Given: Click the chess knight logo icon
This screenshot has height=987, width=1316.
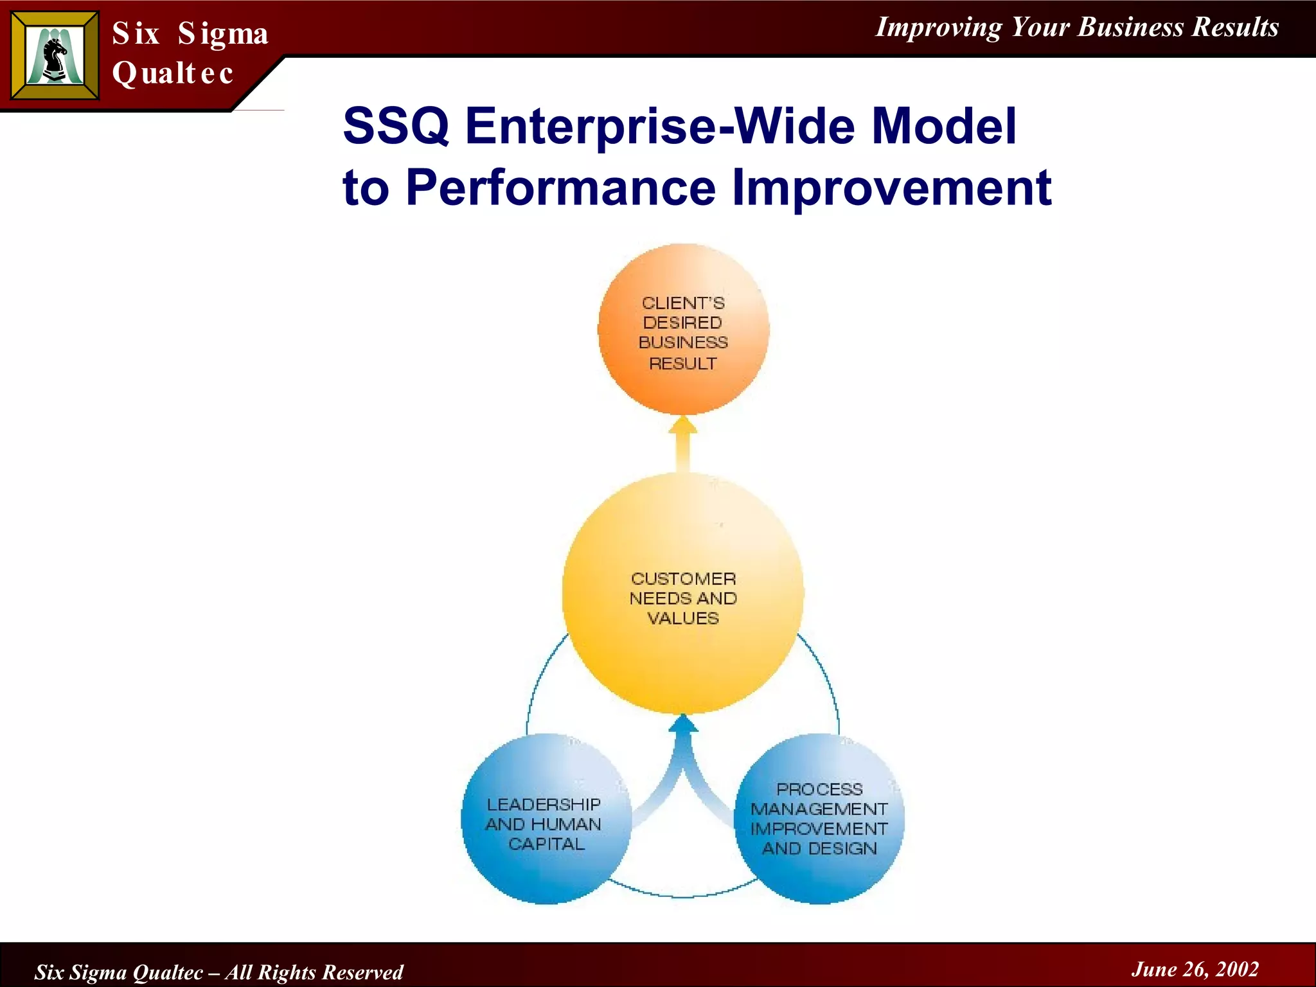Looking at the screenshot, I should tap(55, 57).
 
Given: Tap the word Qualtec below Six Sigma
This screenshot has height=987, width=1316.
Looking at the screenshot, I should tap(172, 73).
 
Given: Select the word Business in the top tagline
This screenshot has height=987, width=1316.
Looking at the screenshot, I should tap(1130, 27).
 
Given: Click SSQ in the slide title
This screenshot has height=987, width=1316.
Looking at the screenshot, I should tap(396, 126).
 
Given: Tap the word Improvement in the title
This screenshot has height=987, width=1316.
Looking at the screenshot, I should tap(891, 188).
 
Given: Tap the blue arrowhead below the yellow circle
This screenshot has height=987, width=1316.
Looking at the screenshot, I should tap(683, 725).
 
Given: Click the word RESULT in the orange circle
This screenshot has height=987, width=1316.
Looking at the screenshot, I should tap(682, 364).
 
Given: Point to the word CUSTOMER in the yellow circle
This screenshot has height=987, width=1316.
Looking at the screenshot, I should tap(683, 578).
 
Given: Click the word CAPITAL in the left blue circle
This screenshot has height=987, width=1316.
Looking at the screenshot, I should tap(546, 844).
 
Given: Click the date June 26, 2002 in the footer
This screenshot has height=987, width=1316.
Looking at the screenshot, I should tap(1195, 969).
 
